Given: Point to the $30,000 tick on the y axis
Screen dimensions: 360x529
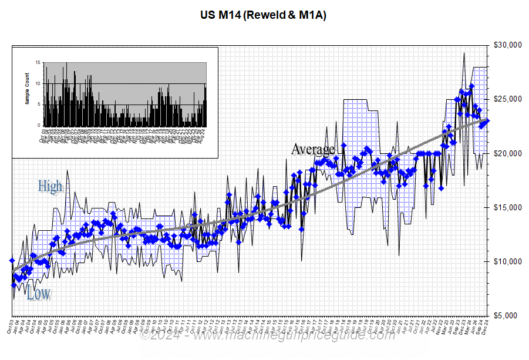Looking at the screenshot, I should point(508,45).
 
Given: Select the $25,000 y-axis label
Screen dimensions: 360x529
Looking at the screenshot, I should point(508,99).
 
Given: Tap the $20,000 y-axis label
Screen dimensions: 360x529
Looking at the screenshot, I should point(508,153).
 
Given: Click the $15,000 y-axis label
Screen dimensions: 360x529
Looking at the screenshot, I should point(508,207).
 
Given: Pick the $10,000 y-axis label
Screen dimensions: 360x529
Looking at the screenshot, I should point(508,261).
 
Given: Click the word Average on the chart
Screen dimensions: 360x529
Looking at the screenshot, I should point(313,149).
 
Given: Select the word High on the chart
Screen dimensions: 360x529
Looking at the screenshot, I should point(50,186).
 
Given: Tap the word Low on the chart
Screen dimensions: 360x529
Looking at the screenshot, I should point(38,294).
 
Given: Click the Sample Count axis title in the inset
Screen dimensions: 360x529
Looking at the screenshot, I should point(27,94).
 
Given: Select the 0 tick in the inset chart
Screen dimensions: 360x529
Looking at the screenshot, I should point(39,125).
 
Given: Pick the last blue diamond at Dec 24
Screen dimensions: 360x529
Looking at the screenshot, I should point(488,120).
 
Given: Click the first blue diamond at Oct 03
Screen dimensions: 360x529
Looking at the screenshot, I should point(12,260).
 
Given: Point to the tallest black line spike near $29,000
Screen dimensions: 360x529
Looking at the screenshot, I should point(464,53).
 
